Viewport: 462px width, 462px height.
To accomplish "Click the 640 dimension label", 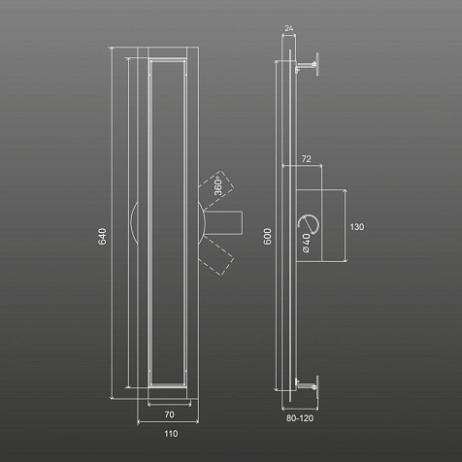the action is (102, 237).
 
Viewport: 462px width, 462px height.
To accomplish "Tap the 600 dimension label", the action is (268, 237).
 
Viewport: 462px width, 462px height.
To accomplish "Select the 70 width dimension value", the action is (169, 414).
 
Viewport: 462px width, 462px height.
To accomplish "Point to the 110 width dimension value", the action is (171, 434).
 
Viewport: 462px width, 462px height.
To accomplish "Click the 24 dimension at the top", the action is (288, 28).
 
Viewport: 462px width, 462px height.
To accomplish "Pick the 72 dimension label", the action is (306, 159).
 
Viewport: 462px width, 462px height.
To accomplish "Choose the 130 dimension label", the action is (357, 227).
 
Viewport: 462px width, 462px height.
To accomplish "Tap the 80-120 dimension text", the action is (300, 418).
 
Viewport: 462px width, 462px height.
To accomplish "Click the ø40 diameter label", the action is (306, 243).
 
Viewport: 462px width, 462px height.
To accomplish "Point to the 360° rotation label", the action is (218, 186).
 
